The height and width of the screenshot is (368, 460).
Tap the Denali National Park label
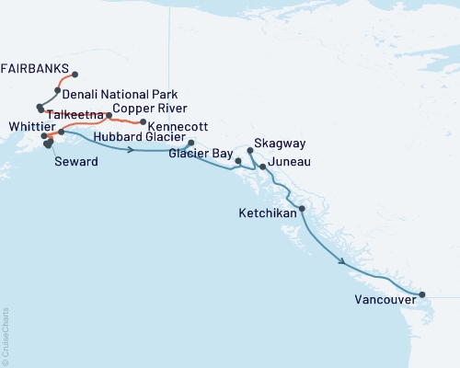(x=121, y=95)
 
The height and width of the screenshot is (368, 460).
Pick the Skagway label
(x=280, y=146)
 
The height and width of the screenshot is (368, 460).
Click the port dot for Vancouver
(x=422, y=295)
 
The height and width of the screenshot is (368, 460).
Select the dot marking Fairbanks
(x=75, y=75)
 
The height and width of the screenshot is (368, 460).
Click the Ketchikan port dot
(x=302, y=209)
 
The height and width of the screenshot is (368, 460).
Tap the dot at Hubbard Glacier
(x=190, y=143)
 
